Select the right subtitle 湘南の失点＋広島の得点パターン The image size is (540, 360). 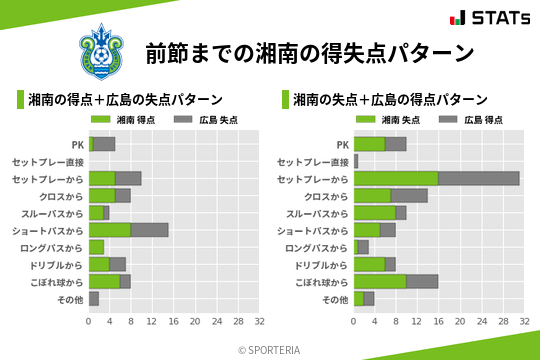[x=390, y=100]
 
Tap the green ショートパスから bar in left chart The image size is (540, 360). [x=109, y=229]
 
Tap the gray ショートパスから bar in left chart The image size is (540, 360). [x=149, y=229]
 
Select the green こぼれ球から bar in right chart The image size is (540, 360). [x=380, y=281]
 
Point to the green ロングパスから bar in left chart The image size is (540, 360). [x=96, y=247]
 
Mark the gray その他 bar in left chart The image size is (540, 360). [x=94, y=298]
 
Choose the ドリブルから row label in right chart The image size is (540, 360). [x=322, y=264]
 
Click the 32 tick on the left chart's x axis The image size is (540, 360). [x=259, y=322]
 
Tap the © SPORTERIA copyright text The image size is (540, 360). [x=270, y=349]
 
